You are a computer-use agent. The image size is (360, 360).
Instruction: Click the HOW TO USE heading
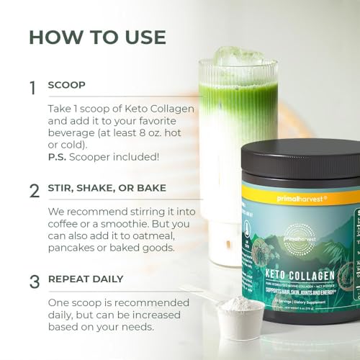pyautogui.click(x=97, y=37)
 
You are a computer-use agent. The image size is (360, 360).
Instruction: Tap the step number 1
pyautogui.click(x=32, y=88)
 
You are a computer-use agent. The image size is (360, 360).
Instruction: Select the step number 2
pyautogui.click(x=33, y=191)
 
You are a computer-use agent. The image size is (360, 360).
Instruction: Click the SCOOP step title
pyautogui.click(x=66, y=85)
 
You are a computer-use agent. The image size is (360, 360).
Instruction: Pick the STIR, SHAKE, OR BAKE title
pyautogui.click(x=107, y=188)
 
